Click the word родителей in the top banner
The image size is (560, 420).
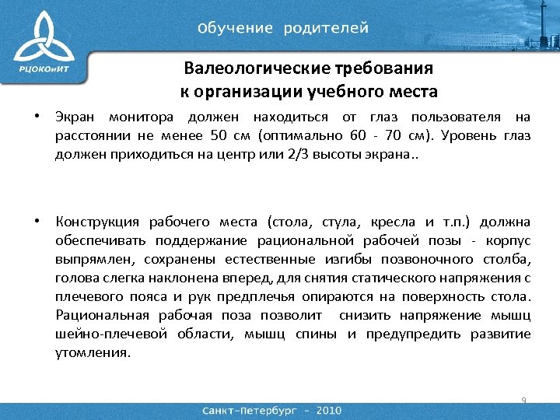326,28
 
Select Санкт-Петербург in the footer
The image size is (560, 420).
250,410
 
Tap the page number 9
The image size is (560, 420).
524,401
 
